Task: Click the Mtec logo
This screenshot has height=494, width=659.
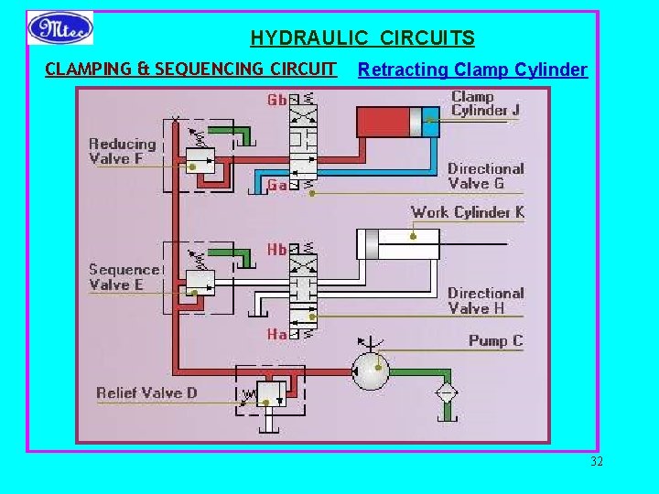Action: [x=60, y=28]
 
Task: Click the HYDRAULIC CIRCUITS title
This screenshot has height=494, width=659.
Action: [x=362, y=38]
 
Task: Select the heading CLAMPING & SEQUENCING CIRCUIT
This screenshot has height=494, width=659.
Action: [x=191, y=69]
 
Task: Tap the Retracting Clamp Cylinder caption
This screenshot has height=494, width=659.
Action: [x=472, y=70]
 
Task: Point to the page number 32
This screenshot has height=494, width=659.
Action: [x=597, y=461]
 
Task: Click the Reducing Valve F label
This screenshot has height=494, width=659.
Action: [x=123, y=151]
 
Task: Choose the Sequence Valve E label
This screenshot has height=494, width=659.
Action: [x=124, y=277]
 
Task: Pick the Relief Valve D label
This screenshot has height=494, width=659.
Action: [x=146, y=393]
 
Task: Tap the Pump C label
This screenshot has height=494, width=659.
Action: [x=495, y=340]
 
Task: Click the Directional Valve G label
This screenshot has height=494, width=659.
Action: [x=485, y=176]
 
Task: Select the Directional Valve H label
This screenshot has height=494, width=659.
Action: [x=485, y=301]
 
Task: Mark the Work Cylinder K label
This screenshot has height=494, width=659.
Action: [x=467, y=212]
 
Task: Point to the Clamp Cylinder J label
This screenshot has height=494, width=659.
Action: [x=485, y=103]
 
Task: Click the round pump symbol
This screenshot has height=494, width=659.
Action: [x=371, y=371]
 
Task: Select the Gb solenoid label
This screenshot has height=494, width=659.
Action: [x=276, y=99]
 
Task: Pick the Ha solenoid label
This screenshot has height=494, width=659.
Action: [x=276, y=335]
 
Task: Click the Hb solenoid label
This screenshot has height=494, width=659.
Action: [x=276, y=249]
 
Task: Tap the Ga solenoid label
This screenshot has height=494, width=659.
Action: [x=276, y=185]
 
